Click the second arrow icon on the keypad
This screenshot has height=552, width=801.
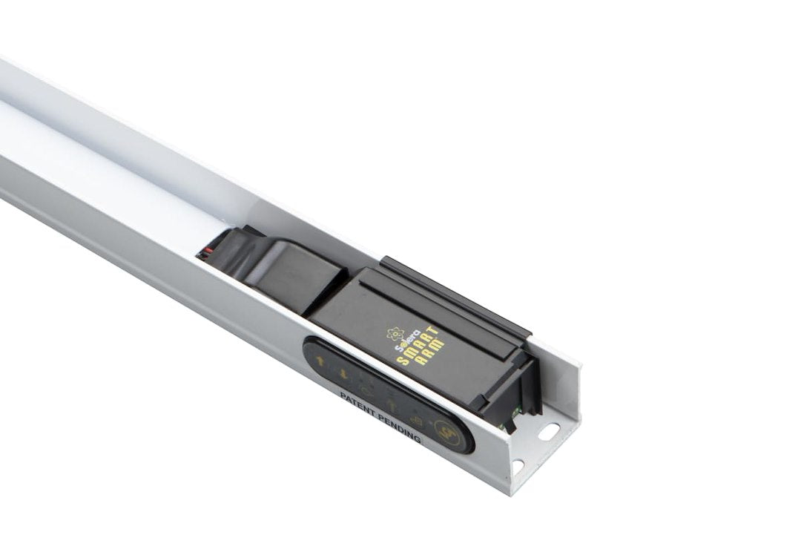pos(342,375)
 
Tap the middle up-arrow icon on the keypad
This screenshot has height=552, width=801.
pos(391,405)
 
